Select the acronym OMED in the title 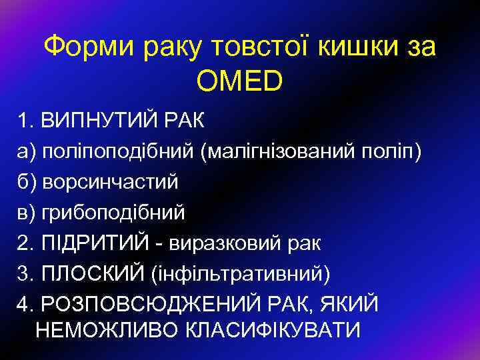tap(240, 80)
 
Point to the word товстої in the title tap(253, 47)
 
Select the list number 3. tap(25, 273)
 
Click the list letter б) tap(27, 182)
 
